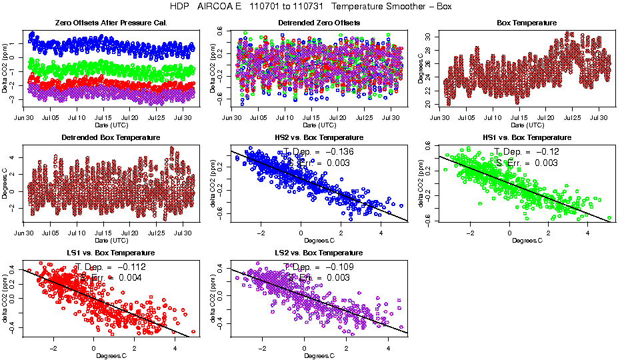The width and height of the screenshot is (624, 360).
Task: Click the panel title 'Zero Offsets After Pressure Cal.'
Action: pyautogui.click(x=111, y=23)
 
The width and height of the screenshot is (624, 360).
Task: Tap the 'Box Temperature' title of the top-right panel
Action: pyautogui.click(x=527, y=23)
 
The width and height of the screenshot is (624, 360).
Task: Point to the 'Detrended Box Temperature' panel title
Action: pyautogui.click(x=111, y=138)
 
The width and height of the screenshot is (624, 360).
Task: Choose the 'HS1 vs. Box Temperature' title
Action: pyautogui.click(x=527, y=138)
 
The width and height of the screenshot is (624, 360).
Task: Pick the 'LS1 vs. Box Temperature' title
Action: pyautogui.click(x=111, y=253)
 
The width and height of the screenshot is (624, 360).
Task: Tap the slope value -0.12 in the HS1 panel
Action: pyautogui.click(x=546, y=151)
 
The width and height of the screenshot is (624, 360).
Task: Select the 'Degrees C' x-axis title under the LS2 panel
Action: pyautogui.click(x=319, y=355)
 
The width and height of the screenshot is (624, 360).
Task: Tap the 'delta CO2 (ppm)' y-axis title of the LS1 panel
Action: pyautogui.click(x=7, y=297)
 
